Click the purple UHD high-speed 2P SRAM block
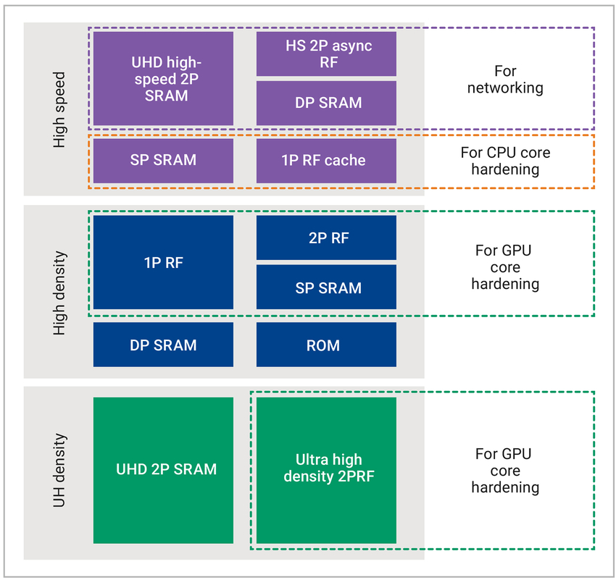point(163,78)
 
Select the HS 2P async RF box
point(326,54)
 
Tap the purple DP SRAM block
point(326,103)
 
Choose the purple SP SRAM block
point(163,160)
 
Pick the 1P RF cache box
point(326,160)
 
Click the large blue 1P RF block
point(163,262)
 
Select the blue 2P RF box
point(326,237)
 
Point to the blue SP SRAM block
point(326,287)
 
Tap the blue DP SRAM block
point(163,345)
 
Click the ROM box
point(326,345)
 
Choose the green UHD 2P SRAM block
point(163,470)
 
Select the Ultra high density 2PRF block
point(326,468)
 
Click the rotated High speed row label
point(60,110)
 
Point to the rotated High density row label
point(60,293)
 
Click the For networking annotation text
point(504,80)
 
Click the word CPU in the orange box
point(506,153)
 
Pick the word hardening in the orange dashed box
point(504,169)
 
